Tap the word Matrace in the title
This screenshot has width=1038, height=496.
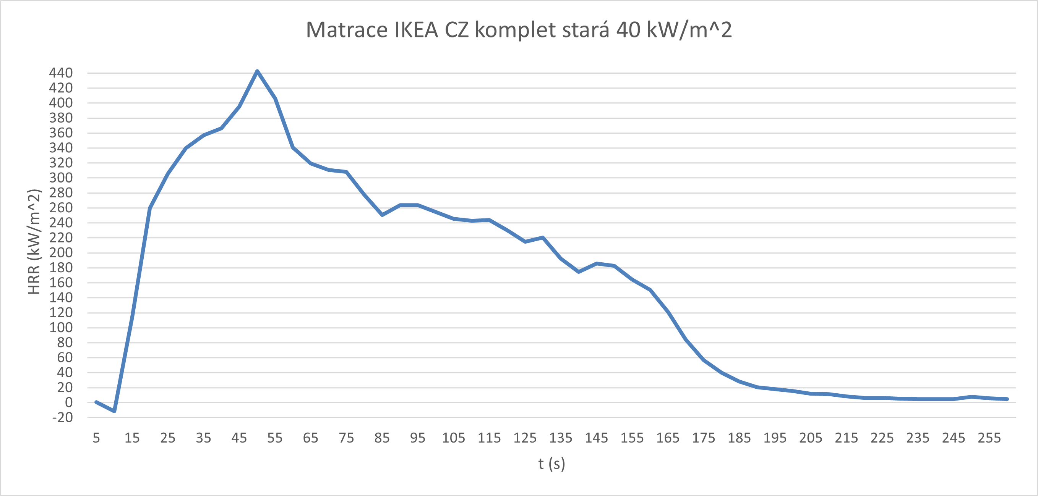coord(347,30)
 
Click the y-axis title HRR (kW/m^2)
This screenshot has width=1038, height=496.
coord(34,242)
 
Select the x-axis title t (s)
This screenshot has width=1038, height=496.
coord(551,464)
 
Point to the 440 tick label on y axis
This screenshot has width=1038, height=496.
coord(61,73)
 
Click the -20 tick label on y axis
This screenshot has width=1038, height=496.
coord(63,417)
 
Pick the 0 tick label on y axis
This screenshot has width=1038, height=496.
coord(69,402)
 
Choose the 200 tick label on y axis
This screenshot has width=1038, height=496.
coord(61,253)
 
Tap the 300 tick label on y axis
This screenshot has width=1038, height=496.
coord(61,178)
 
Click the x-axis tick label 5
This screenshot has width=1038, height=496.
coord(96,438)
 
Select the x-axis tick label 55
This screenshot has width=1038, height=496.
coord(275,438)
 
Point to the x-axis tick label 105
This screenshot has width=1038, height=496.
coord(453,438)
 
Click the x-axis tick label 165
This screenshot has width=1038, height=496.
coord(668,438)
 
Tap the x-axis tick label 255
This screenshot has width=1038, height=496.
coord(989,438)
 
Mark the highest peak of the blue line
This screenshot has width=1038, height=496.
coord(257,71)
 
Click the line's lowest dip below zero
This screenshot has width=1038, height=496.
coord(114,411)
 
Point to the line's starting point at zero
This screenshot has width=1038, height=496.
coord(96,402)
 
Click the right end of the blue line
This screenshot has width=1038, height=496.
coord(1007,399)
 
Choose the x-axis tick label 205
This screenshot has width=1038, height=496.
coord(811,438)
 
